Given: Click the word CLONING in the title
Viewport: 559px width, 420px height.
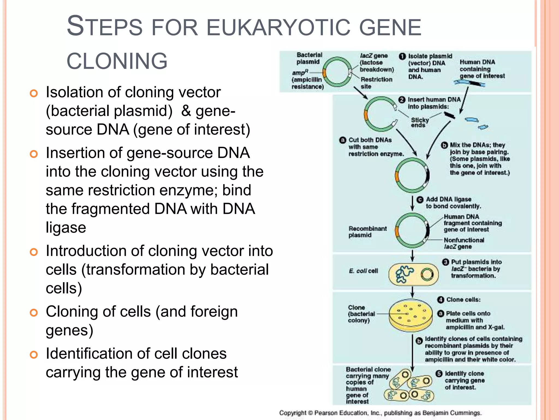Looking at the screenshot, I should pyautogui.click(x=117, y=61).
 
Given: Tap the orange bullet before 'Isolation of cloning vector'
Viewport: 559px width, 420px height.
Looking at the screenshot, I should pyautogui.click(x=34, y=94).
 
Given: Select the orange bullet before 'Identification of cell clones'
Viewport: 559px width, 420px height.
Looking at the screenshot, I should pyautogui.click(x=34, y=355).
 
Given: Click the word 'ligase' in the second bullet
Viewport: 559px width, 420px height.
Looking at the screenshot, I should pyautogui.click(x=66, y=227).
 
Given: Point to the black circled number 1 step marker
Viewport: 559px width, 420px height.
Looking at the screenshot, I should pyautogui.click(x=402, y=56).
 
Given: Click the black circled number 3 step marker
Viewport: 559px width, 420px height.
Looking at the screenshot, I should pyautogui.click(x=445, y=262).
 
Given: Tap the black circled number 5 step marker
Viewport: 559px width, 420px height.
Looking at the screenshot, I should pyautogui.click(x=439, y=374).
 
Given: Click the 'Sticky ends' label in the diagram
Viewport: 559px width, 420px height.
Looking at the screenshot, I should pyautogui.click(x=420, y=122).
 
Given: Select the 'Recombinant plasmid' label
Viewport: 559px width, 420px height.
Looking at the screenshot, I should pyautogui.click(x=367, y=232).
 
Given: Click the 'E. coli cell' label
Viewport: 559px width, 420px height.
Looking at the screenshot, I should pyautogui.click(x=363, y=271).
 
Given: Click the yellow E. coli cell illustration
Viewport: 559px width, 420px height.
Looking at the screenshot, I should pyautogui.click(x=413, y=274).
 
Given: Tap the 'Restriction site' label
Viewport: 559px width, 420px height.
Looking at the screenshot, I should pyautogui.click(x=376, y=83).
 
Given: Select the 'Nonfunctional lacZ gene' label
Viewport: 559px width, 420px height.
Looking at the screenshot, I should pyautogui.click(x=463, y=243).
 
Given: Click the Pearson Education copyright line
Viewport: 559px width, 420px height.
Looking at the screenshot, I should pyautogui.click(x=380, y=413).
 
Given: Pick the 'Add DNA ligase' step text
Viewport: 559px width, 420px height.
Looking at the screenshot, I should pyautogui.click(x=453, y=203).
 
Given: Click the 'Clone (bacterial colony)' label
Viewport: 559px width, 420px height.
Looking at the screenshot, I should pyautogui.click(x=361, y=314).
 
